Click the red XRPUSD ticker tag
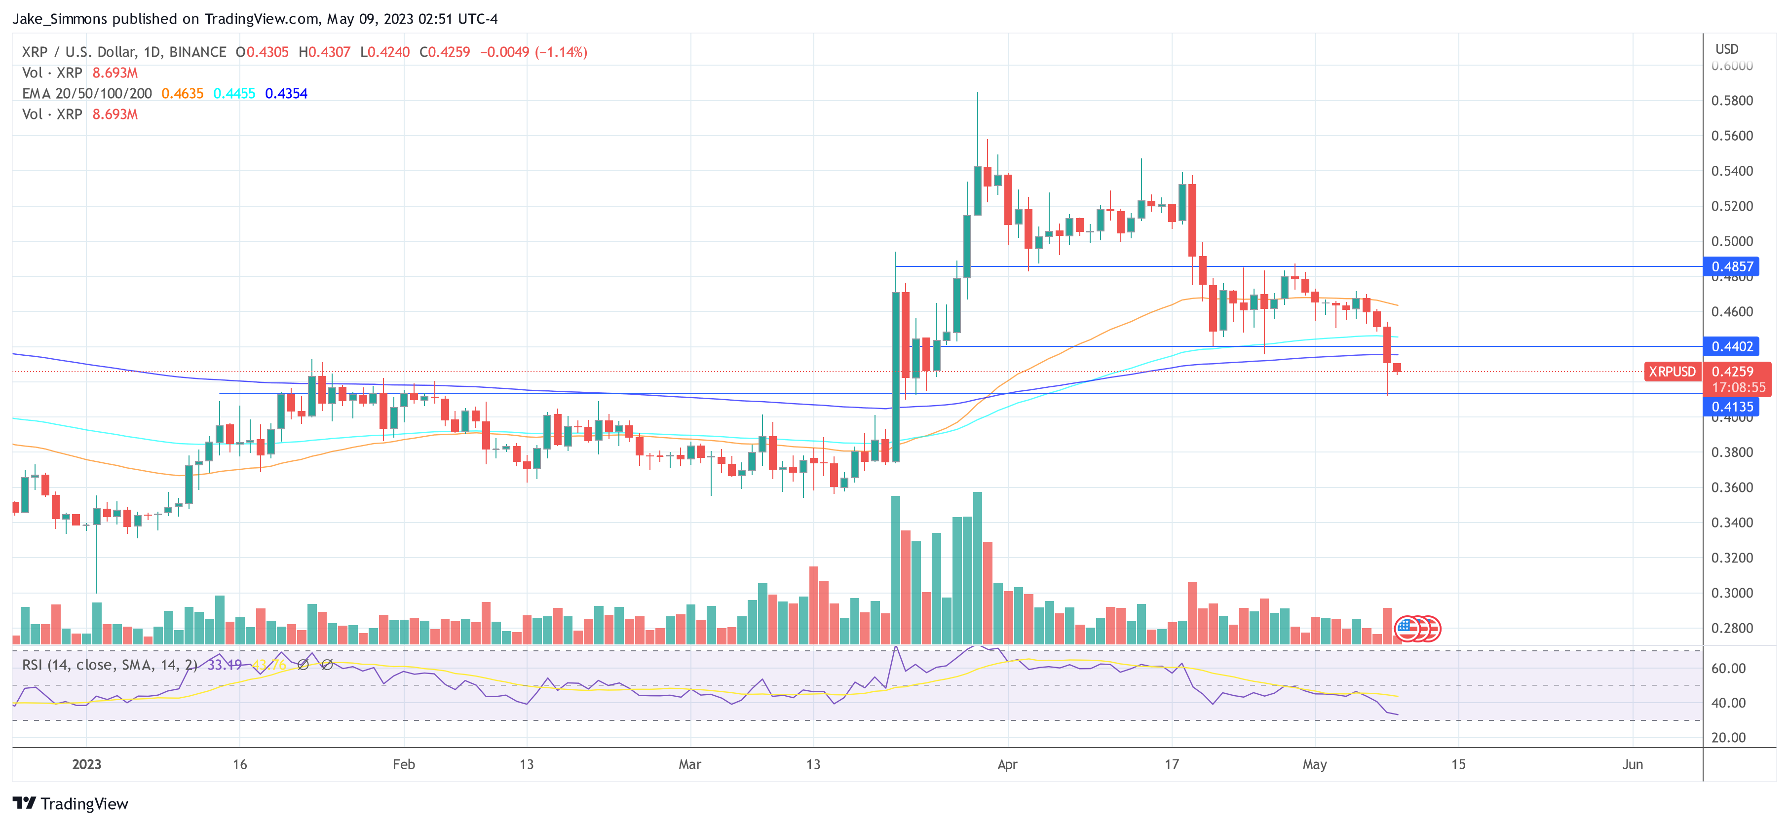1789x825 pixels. coord(1672,372)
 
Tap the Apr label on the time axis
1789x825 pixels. coord(1007,765)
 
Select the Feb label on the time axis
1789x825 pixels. coord(404,765)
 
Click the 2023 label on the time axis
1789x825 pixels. coord(87,765)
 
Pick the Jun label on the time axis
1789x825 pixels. coord(1632,765)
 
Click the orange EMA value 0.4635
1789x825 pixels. coord(182,94)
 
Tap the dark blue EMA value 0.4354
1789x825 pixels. coord(286,94)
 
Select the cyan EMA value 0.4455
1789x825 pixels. coord(234,94)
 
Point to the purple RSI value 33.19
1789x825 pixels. coord(225,665)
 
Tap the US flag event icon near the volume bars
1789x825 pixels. coord(1407,629)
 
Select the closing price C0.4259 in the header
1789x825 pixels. coord(445,52)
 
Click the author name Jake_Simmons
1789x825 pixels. coord(60,19)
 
